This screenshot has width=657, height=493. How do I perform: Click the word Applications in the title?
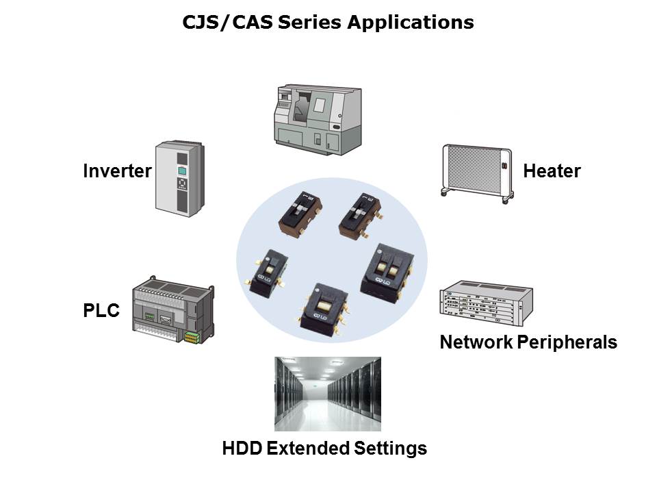pyautogui.click(x=410, y=23)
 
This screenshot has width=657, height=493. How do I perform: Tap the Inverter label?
pyautogui.click(x=117, y=170)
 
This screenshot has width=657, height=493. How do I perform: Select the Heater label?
pyautogui.click(x=552, y=170)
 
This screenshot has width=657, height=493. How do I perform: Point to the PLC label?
pyautogui.click(x=101, y=311)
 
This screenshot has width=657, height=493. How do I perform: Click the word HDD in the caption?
pyautogui.click(x=242, y=448)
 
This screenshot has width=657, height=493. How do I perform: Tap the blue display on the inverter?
pyautogui.click(x=182, y=171)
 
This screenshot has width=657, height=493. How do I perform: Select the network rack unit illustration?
pyautogui.click(x=484, y=305)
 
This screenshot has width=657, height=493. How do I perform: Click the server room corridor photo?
pyautogui.click(x=327, y=393)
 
